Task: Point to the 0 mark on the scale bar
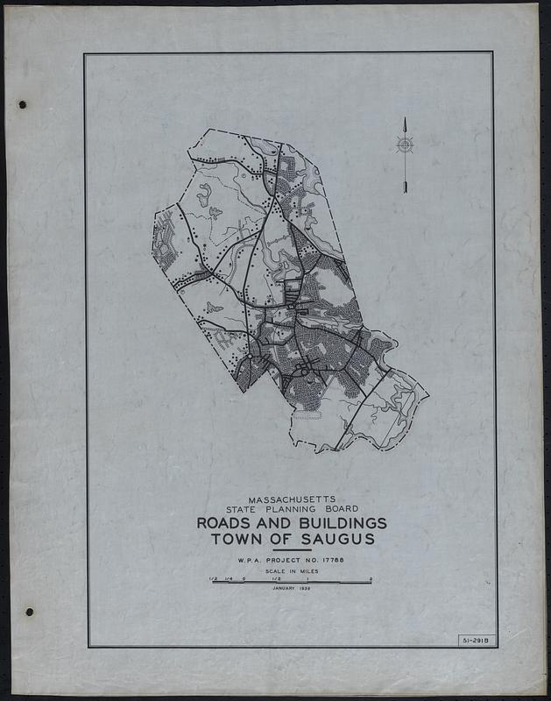click(x=244, y=577)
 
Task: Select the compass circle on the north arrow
click(x=405, y=145)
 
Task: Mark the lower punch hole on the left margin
click(x=29, y=611)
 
